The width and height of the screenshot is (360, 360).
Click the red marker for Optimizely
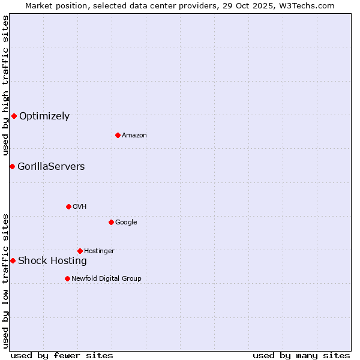[x=14, y=116]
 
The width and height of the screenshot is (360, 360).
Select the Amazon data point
[x=118, y=135]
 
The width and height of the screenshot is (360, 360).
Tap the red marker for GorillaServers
[x=12, y=166]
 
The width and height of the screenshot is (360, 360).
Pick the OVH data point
[x=68, y=206]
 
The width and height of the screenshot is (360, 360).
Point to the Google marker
[x=111, y=222]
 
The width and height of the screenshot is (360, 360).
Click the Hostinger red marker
[x=80, y=251]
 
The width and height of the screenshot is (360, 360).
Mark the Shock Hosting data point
[x=13, y=260]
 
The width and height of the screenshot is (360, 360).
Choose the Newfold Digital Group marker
[x=67, y=278]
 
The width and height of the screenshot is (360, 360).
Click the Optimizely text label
[x=44, y=116]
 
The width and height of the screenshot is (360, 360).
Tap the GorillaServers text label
[x=51, y=167]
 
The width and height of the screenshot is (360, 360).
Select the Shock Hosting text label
[x=52, y=261]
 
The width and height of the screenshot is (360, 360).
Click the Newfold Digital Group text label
[x=106, y=278]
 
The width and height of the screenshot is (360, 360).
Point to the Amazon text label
[x=134, y=136]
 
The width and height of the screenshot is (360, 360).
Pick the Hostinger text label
[x=99, y=251]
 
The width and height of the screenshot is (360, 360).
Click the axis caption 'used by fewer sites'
[x=62, y=355]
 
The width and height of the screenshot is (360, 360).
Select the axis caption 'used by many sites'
[x=301, y=355]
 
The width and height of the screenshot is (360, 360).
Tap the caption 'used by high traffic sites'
[x=6, y=85]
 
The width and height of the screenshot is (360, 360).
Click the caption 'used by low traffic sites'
[x=6, y=280]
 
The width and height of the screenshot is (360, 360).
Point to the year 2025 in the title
[x=266, y=5]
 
